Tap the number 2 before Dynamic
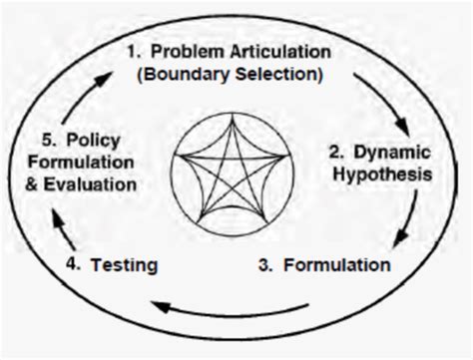337,151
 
